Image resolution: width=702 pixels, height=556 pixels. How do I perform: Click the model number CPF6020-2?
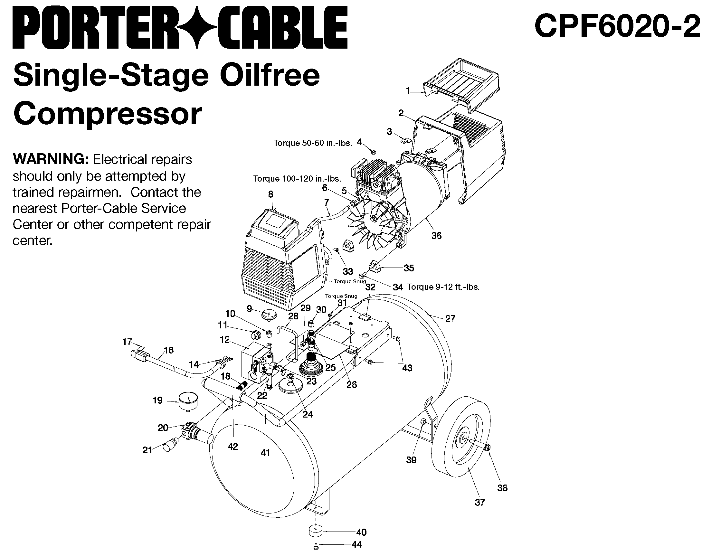[x=617, y=27]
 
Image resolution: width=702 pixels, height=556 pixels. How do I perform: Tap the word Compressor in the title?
[x=108, y=114]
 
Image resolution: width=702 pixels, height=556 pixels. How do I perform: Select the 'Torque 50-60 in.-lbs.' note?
[x=313, y=143]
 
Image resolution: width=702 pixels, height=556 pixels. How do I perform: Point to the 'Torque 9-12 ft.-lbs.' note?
[x=443, y=287]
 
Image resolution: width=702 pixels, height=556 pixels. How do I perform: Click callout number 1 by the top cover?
[x=408, y=91]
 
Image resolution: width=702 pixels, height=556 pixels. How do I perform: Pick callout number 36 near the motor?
[x=436, y=236]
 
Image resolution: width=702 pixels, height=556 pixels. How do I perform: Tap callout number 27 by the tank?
[x=450, y=319]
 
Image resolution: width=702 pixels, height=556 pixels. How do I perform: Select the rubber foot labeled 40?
[x=316, y=532]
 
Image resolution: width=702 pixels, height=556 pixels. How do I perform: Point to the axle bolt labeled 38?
[x=487, y=448]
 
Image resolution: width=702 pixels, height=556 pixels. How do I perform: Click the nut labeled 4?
[x=374, y=152]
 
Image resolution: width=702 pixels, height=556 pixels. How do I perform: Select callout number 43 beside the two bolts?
[x=407, y=368]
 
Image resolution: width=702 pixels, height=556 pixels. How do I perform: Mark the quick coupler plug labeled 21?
[x=170, y=445]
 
